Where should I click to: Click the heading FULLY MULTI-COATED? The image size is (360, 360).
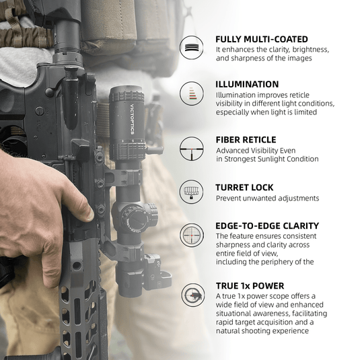262,39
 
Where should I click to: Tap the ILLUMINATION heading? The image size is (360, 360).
247,84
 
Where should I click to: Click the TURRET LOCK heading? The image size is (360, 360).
244,187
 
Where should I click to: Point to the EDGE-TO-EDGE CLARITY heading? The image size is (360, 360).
267,225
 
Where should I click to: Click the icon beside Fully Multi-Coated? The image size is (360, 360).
192,48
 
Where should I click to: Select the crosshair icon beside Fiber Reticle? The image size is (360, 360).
192,148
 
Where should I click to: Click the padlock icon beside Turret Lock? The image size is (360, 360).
192,192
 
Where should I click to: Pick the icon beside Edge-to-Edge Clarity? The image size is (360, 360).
192,235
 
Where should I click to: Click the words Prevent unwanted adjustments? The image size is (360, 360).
267,199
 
